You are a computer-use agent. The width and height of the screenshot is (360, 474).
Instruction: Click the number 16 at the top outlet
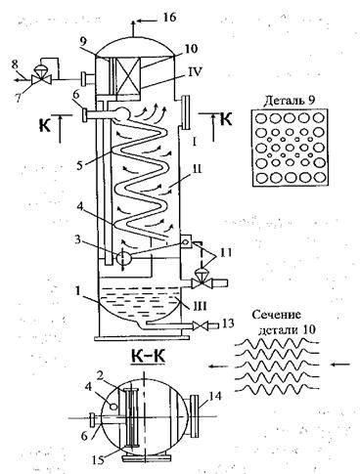click(x=168, y=18)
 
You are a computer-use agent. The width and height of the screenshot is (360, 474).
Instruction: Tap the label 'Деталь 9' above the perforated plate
click(x=290, y=100)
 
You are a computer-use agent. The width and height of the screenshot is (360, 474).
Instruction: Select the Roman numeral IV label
click(x=194, y=72)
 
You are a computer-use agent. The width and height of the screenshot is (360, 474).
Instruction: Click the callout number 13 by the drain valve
click(x=226, y=323)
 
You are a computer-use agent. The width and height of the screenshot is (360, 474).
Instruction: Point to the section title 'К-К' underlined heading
click(x=148, y=357)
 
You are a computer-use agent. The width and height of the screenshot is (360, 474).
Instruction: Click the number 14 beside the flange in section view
click(x=215, y=397)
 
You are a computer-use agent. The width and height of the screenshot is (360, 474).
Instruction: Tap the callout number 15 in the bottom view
click(x=99, y=460)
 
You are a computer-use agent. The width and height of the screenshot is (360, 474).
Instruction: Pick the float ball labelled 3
click(x=123, y=258)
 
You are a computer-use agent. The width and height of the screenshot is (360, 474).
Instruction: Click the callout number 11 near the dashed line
click(x=225, y=252)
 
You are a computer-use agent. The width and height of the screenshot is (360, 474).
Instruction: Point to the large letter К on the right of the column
click(x=226, y=119)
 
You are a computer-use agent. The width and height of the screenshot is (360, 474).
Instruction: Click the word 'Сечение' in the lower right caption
click(x=277, y=315)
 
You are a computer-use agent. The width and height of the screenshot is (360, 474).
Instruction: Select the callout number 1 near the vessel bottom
click(x=77, y=291)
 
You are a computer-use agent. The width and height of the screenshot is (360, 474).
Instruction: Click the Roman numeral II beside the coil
click(x=197, y=169)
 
